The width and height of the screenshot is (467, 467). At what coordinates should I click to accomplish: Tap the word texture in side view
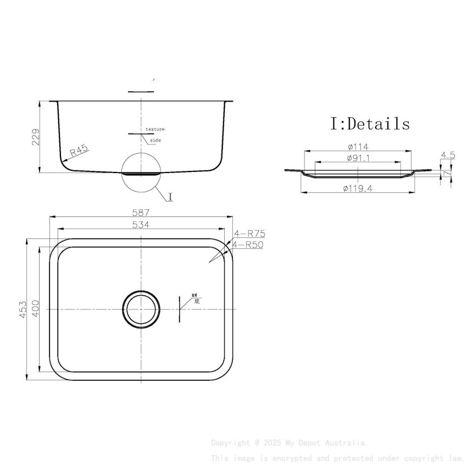click(x=155, y=129)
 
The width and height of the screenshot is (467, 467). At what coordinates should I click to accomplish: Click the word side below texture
click(x=155, y=141)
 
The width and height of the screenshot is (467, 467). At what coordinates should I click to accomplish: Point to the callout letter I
click(x=170, y=197)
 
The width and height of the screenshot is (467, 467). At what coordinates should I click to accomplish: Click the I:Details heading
click(x=370, y=124)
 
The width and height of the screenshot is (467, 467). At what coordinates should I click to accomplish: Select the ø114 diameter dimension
click(x=358, y=147)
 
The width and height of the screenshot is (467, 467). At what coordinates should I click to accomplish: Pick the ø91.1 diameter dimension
click(x=358, y=158)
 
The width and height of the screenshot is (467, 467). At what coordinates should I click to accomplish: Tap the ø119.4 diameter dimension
click(x=358, y=188)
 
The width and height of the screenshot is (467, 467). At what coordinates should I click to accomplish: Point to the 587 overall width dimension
click(x=141, y=212)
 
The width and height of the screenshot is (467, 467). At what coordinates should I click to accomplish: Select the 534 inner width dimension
click(x=141, y=224)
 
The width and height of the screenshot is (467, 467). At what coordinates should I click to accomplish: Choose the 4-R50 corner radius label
click(x=247, y=244)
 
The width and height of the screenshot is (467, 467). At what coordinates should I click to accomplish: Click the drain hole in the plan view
click(x=141, y=309)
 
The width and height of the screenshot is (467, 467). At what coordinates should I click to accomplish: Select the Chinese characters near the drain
click(x=195, y=298)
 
